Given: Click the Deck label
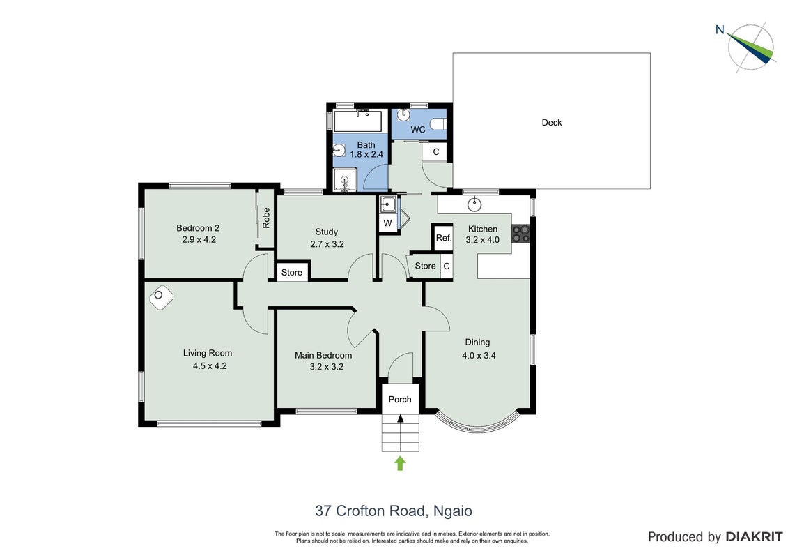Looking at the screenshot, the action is point(551,122).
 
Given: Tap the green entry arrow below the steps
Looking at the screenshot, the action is point(400,463).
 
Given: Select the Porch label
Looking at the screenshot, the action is point(400,399).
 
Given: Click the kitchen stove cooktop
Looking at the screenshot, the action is point(520,234).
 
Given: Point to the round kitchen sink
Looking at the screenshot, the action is point(474,204).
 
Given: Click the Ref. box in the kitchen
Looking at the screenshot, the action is point(443,237).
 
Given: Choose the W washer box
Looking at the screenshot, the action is point(387,223).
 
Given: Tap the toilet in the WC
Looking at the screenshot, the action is point(438,123).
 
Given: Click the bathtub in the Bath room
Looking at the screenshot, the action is point(358,121).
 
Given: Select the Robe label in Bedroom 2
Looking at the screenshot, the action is point(266,218).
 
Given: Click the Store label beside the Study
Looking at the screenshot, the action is point(291,272).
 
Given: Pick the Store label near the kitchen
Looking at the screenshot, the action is point(425,266).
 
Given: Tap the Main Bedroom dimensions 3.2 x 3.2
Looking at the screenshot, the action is point(327,367).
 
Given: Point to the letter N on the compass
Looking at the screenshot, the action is point(720,30).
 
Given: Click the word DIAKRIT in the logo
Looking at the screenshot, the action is point(754,537).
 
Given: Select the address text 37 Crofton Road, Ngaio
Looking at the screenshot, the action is point(394,511).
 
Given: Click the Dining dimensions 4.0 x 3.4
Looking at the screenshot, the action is point(479,355).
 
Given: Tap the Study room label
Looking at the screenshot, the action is point(326,232).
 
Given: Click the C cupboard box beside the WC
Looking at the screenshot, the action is point(435,152).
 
